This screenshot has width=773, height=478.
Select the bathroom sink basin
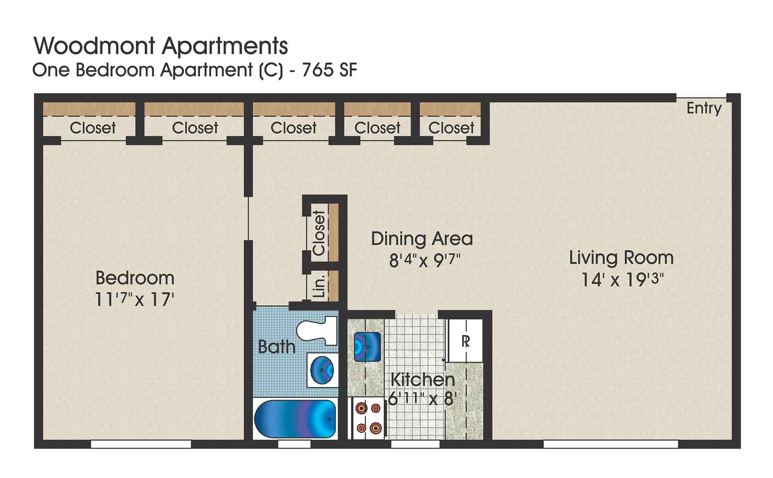(x=322, y=370)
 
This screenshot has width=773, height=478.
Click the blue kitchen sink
(x=367, y=347)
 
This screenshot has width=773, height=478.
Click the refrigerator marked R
(x=465, y=341)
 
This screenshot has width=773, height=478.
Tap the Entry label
(x=703, y=108)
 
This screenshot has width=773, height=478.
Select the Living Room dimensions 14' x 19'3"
(x=622, y=280)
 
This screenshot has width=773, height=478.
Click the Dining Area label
(x=421, y=239)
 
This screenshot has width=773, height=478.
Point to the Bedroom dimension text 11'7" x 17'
(x=134, y=300)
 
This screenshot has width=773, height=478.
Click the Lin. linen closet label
(x=320, y=286)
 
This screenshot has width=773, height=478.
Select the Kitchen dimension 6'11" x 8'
(x=421, y=398)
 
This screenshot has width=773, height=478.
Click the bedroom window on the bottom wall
(x=141, y=444)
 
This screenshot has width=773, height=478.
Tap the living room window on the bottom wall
(x=610, y=444)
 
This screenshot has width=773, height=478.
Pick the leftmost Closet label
(x=93, y=128)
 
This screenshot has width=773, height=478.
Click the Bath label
(x=277, y=347)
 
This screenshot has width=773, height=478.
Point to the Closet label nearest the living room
(x=451, y=128)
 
